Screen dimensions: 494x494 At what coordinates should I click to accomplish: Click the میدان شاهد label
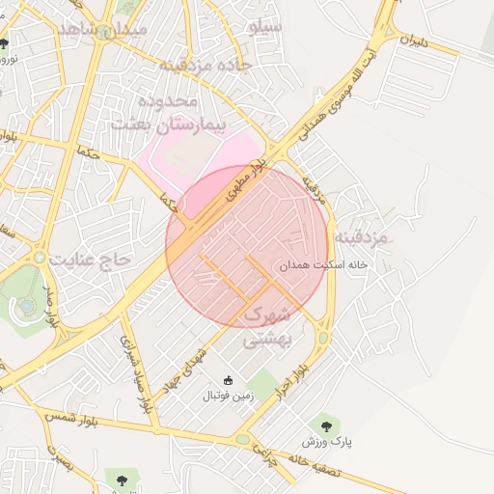[103, 29]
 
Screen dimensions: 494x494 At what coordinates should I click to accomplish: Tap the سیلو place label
[264, 26]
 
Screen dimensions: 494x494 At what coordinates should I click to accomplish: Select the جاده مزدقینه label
[205, 65]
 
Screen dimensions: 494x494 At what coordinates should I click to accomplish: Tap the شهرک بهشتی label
[265, 327]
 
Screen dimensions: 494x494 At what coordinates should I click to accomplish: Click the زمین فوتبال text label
[228, 396]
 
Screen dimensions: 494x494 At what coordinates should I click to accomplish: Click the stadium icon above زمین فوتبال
[228, 380]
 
